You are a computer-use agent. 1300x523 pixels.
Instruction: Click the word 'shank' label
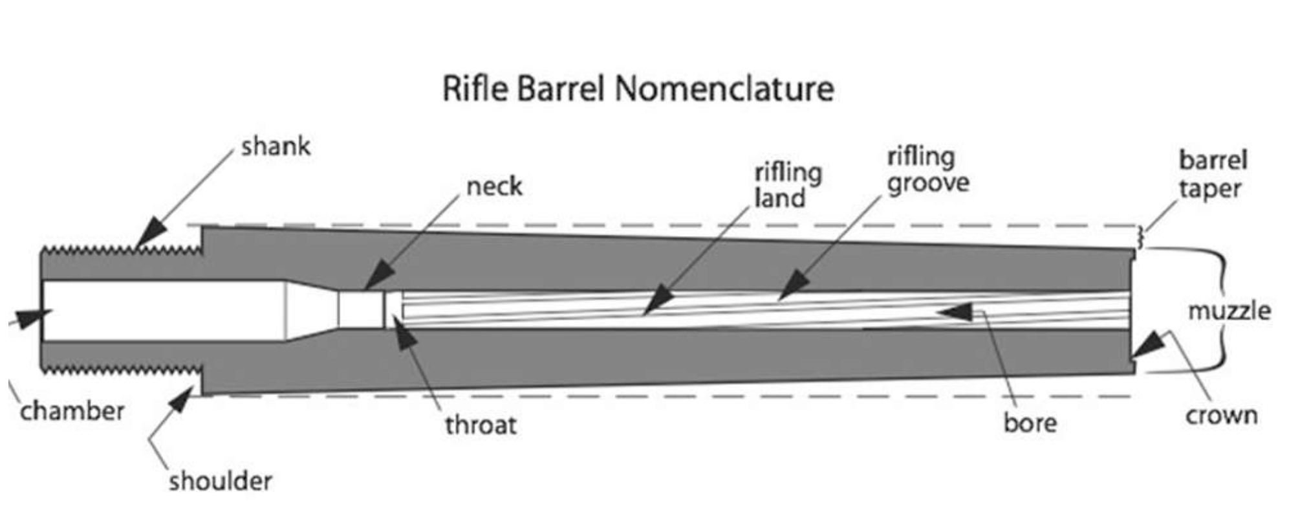(276, 147)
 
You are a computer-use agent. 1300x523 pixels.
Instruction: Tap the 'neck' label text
(494, 186)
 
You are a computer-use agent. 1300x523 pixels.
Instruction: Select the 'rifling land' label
(788, 186)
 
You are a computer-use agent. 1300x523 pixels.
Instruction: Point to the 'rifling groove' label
(927, 170)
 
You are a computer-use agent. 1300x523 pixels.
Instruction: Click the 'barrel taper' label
(1212, 175)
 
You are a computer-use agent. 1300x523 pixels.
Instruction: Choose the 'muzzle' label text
(1229, 311)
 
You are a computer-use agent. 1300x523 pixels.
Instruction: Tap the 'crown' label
(1221, 415)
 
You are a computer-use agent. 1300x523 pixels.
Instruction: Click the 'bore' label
(1030, 423)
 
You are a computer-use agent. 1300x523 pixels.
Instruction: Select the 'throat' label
(481, 425)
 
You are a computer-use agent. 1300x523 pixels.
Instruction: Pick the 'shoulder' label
(220, 481)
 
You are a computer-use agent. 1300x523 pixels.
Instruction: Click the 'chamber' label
(72, 411)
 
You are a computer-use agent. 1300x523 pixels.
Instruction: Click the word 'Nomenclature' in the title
(724, 88)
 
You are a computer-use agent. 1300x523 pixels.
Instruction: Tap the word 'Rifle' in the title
(475, 88)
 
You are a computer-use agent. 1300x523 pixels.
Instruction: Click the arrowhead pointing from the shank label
(151, 232)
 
